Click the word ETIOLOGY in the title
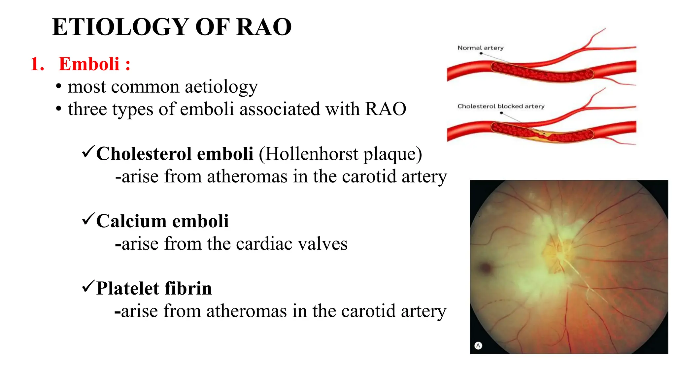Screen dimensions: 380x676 (120, 27)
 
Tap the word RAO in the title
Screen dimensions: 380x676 (264, 27)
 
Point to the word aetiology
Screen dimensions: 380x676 (221, 87)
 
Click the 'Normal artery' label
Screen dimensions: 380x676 (480, 48)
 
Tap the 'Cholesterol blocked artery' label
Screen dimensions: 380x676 (500, 106)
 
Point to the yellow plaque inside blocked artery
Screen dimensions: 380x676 (541, 134)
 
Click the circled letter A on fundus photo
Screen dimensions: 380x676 (478, 345)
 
